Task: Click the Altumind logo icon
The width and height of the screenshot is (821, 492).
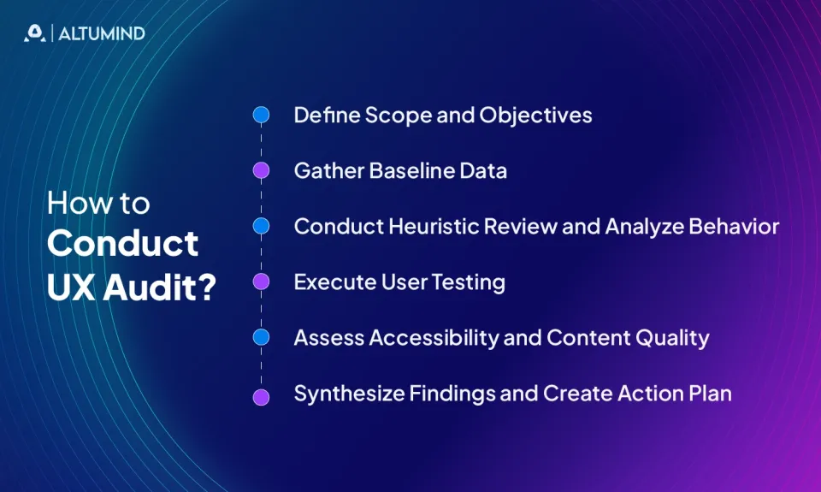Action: pos(34,33)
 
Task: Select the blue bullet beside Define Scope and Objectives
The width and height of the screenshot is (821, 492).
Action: pos(262,115)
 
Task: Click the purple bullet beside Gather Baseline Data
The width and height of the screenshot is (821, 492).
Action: pos(262,170)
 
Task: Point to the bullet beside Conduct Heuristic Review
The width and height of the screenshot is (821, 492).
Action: pos(262,226)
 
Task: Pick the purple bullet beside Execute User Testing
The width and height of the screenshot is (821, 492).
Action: pos(262,282)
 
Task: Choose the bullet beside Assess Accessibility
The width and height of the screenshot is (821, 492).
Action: pos(262,337)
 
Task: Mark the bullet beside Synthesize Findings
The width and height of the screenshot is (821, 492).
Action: pos(262,396)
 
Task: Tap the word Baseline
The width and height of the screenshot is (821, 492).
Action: pos(410,171)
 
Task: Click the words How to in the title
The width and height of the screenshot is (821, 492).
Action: pos(98,204)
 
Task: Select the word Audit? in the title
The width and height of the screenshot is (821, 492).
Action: pos(159,285)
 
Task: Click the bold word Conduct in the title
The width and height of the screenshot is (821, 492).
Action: pos(123,244)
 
